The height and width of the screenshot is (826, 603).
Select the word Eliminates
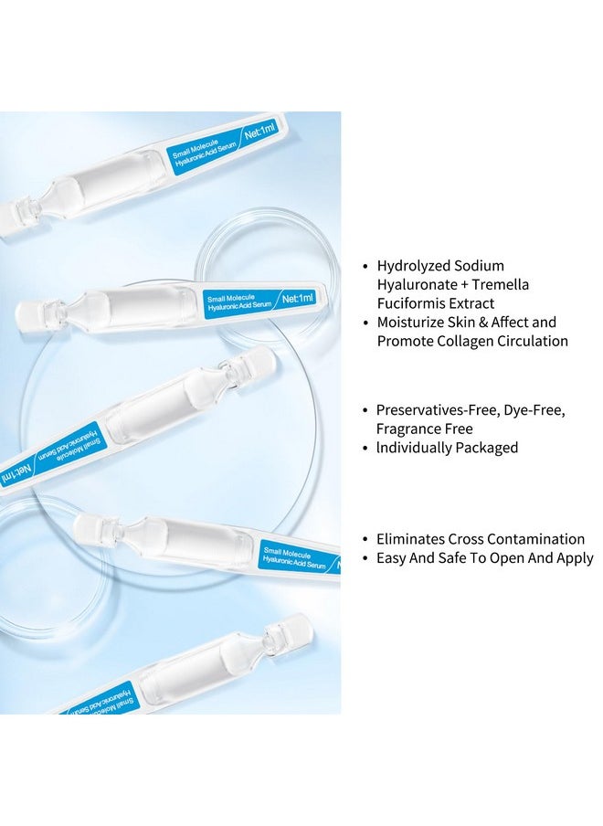click(x=410, y=539)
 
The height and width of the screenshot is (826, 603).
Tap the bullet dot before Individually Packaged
click(x=365, y=449)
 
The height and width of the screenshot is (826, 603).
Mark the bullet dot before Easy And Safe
click(x=365, y=558)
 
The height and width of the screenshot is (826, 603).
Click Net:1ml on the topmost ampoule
click(x=259, y=131)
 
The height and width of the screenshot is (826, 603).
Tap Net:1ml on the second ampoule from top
click(x=298, y=299)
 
